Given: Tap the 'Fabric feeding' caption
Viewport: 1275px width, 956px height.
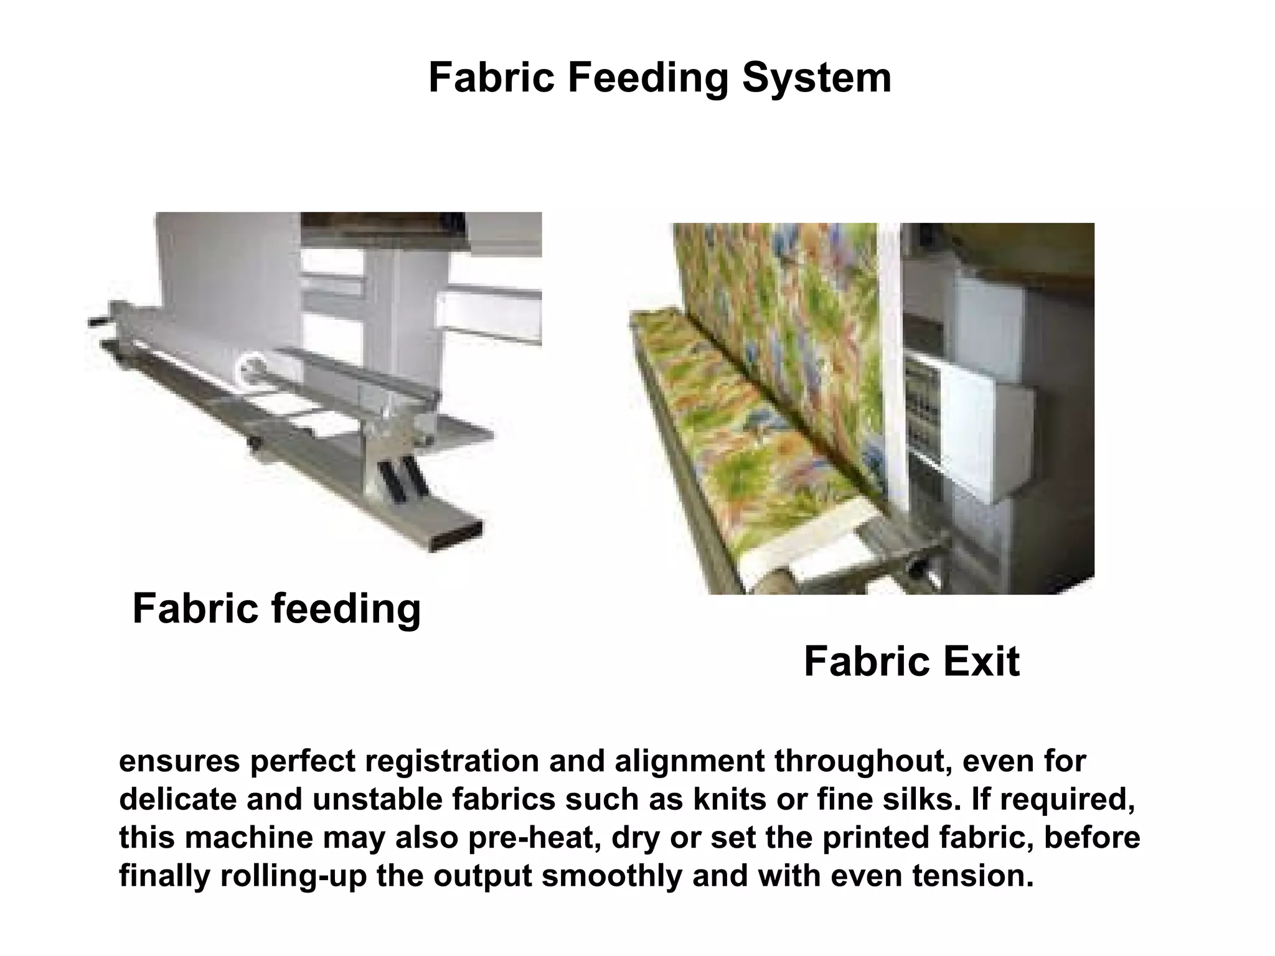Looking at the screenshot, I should (276, 609).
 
